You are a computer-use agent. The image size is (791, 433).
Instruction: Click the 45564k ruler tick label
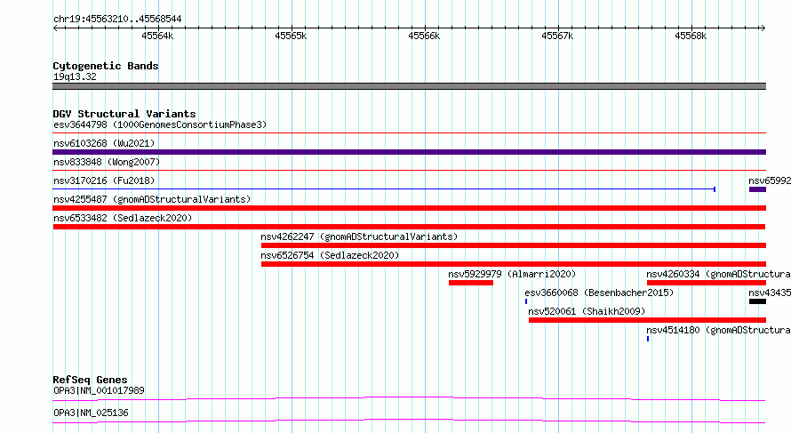[157, 36]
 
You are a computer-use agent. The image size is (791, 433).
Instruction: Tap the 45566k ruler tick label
[424, 36]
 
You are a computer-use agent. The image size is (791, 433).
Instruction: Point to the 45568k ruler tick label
[691, 36]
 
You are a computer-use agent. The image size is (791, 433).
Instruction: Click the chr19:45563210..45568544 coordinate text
[117, 19]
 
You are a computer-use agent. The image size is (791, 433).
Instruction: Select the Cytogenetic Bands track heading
[106, 66]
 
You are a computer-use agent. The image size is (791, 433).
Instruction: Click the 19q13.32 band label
[75, 76]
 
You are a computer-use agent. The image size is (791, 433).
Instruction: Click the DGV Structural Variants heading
[124, 114]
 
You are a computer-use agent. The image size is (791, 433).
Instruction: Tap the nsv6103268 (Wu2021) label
[104, 143]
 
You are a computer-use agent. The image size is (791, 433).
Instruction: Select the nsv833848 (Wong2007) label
[107, 162]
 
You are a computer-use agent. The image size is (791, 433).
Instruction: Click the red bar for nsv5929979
[471, 283]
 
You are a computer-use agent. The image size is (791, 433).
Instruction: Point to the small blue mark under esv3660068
[526, 301]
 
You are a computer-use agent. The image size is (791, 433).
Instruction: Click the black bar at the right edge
[757, 301]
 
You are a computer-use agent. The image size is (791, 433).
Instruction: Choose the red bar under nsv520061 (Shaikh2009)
[647, 320]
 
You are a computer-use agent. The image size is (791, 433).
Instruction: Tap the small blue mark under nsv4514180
[648, 339]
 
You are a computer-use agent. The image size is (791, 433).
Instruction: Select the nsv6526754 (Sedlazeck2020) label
[330, 255]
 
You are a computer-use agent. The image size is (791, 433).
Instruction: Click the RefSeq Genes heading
[90, 380]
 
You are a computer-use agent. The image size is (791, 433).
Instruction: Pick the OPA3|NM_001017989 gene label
[99, 390]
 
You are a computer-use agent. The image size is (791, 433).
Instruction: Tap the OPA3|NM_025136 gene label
[91, 413]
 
